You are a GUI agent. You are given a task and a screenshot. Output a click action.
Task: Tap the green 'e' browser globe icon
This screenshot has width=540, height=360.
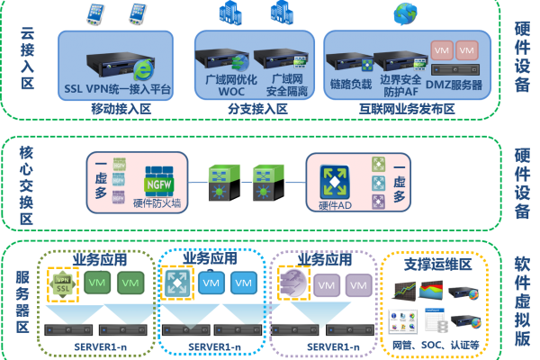click(142, 70)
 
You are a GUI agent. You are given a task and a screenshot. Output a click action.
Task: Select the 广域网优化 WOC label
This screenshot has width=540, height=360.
click(220, 85)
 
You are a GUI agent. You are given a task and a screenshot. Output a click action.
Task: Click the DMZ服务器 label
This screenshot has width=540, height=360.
click(454, 85)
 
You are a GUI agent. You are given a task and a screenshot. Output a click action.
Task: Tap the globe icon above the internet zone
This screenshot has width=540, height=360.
click(405, 13)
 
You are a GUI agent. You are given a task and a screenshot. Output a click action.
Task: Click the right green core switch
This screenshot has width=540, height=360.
click(264, 181)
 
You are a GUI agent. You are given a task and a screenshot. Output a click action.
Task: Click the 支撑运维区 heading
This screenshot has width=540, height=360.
click(437, 265)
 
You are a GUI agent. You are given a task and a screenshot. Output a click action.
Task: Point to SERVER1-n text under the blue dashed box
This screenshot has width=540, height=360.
click(211, 346)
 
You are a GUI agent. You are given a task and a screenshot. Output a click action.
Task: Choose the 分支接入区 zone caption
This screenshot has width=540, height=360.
click(257, 108)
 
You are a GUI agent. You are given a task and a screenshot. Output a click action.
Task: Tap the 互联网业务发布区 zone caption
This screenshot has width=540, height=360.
click(408, 108)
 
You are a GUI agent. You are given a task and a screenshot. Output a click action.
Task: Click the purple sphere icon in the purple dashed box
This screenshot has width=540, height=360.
click(294, 283)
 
